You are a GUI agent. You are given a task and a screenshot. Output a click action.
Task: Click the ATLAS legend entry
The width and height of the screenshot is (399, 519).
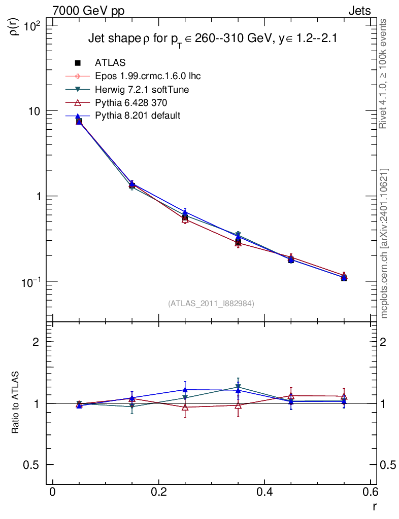pyautogui.click(x=110, y=63)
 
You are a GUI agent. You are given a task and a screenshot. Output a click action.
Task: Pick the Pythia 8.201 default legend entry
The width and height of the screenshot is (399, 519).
pyautogui.click(x=137, y=116)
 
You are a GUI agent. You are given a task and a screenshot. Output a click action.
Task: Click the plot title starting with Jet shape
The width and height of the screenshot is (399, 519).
pyautogui.click(x=213, y=39)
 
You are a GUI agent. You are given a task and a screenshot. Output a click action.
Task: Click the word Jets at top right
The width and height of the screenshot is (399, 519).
pyautogui.click(x=359, y=11)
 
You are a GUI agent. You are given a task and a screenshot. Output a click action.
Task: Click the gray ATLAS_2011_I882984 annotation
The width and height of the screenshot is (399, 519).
pyautogui.click(x=211, y=303)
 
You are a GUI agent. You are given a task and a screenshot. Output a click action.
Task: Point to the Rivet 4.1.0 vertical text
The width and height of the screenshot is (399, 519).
pyautogui.click(x=384, y=73)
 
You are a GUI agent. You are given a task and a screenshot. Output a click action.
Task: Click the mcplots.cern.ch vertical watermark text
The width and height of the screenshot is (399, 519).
pyautogui.click(x=384, y=243)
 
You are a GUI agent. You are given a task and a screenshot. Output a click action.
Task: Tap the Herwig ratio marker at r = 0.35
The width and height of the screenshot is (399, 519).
pyautogui.click(x=238, y=388)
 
